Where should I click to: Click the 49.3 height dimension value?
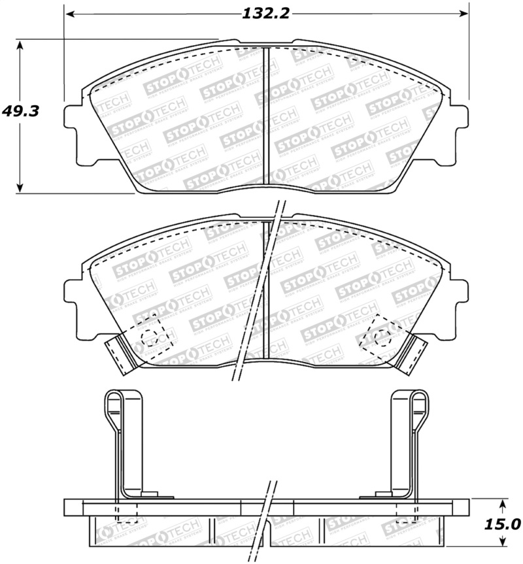(x=20, y=111)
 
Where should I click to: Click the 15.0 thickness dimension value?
(x=502, y=524)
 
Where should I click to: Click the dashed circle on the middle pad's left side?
(x=150, y=337)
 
